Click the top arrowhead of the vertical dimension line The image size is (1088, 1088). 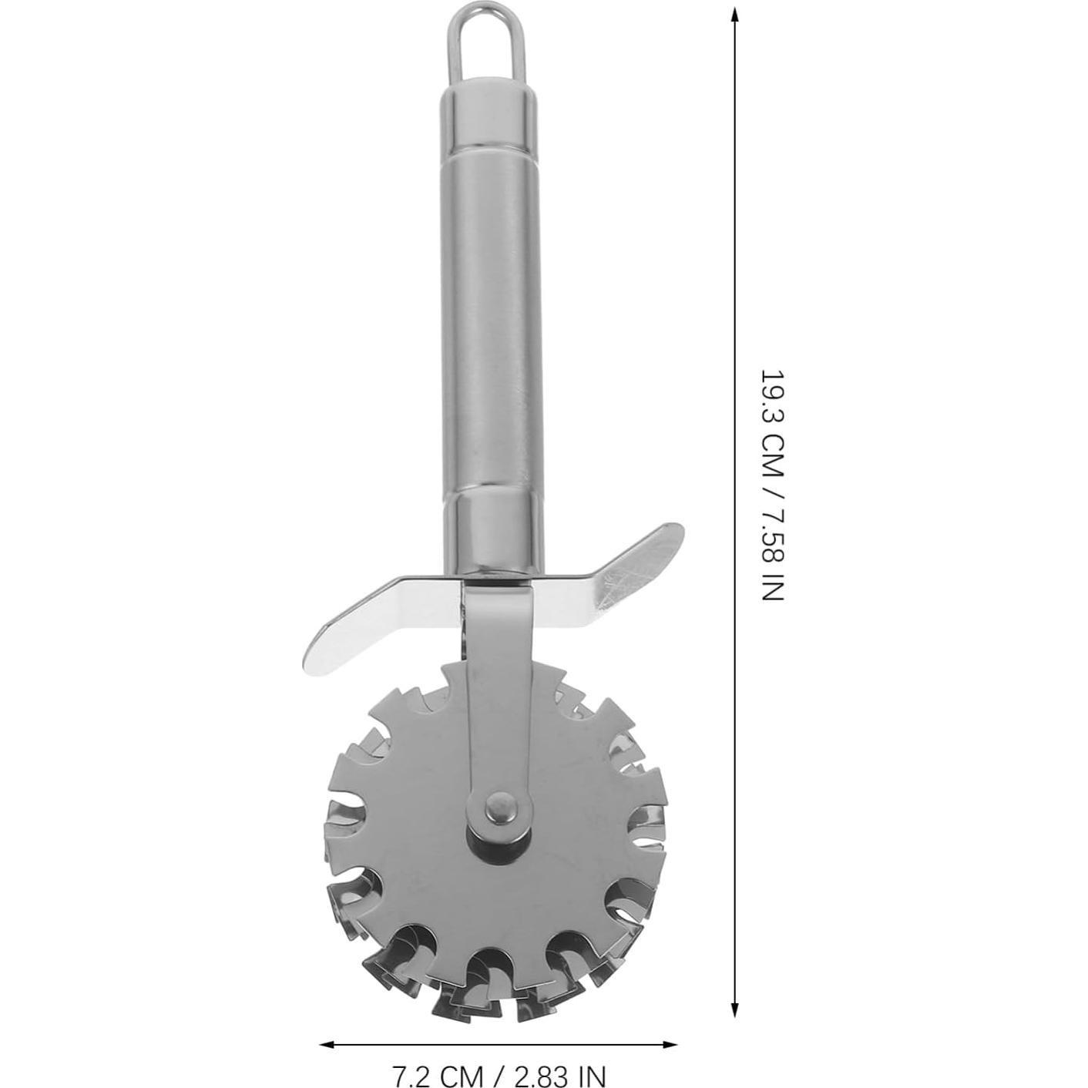coord(734,16)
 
